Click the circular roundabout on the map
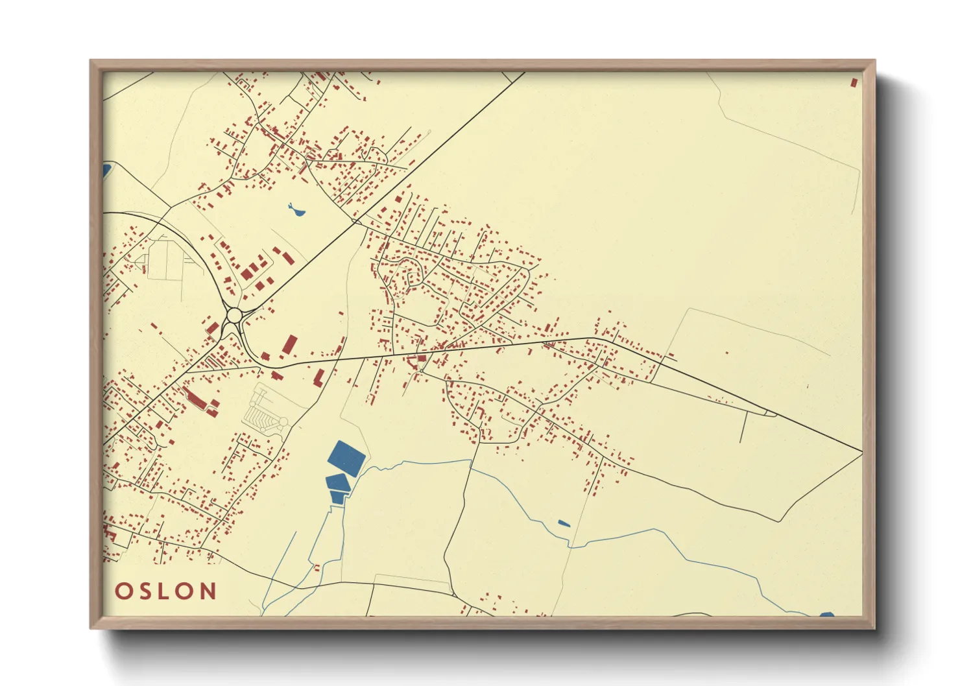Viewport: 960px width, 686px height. tap(234, 316)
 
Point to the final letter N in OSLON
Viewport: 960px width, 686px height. tap(208, 591)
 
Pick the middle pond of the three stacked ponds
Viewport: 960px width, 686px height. tap(337, 482)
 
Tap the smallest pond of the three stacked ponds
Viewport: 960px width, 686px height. tap(337, 497)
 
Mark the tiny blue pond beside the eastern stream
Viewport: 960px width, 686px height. tap(564, 523)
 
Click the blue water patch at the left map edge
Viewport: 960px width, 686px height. tap(106, 171)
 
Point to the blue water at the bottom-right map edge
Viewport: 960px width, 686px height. tap(826, 614)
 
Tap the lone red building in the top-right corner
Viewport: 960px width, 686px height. tap(854, 82)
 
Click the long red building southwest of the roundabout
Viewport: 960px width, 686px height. tap(194, 397)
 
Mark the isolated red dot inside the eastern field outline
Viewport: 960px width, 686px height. tap(726, 353)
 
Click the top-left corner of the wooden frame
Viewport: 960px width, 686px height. tap(91, 62)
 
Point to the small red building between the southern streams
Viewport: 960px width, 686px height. tap(317, 568)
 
